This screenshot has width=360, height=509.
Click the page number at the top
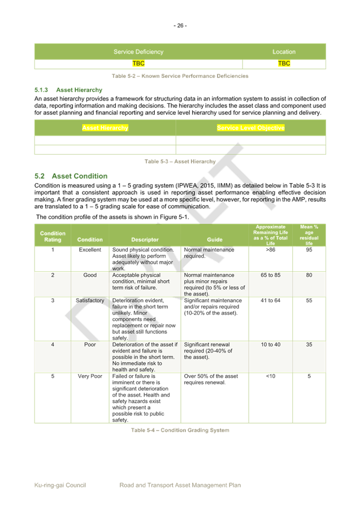pyautogui.click(x=180, y=25)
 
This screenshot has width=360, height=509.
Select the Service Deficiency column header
pyautogui.click(x=138, y=52)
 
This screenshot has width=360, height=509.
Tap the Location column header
pyautogui.click(x=284, y=52)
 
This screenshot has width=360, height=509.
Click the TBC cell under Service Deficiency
pyautogui.click(x=138, y=64)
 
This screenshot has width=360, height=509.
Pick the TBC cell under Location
pyautogui.click(x=284, y=64)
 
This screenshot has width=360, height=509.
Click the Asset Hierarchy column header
pyautogui.click(x=105, y=128)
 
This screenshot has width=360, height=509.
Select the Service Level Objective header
pyautogui.click(x=250, y=128)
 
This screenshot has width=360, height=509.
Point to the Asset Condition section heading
pyautogui.click(x=71, y=176)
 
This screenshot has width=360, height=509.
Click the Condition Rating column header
pyautogui.click(x=53, y=236)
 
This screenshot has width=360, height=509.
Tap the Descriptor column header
pyautogui.click(x=145, y=240)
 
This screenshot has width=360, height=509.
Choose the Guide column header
pyautogui.click(x=215, y=240)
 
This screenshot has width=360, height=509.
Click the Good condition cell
pyautogui.click(x=90, y=276)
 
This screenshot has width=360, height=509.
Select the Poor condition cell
pyautogui.click(x=90, y=344)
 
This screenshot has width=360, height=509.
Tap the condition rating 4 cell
pyautogui.click(x=53, y=344)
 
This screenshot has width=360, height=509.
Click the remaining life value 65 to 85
pyautogui.click(x=270, y=276)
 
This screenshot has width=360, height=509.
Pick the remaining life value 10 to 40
pyautogui.click(x=270, y=344)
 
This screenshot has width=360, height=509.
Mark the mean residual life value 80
pyautogui.click(x=309, y=276)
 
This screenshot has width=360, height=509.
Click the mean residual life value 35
pyautogui.click(x=309, y=344)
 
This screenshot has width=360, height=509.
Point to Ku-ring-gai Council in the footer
pyautogui.click(x=60, y=485)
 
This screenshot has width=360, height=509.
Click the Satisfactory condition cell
pyautogui.click(x=90, y=301)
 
